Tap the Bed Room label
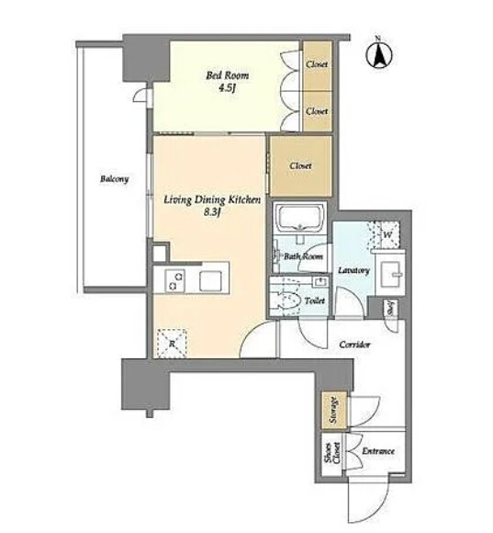tap(227, 75)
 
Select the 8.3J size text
tap(212, 211)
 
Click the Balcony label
tap(115, 179)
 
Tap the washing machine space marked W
tap(387, 234)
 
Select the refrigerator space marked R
tap(172, 344)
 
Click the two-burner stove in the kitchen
tap(174, 281)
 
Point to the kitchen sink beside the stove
tap(210, 281)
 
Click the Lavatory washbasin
tap(392, 274)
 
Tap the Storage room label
tap(334, 410)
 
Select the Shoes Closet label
tap(332, 453)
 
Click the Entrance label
tap(378, 451)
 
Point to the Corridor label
tap(354, 345)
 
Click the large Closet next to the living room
tap(300, 166)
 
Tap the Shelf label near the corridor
tap(390, 308)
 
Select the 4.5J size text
tap(227, 88)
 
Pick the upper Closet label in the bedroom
tap(317, 64)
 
